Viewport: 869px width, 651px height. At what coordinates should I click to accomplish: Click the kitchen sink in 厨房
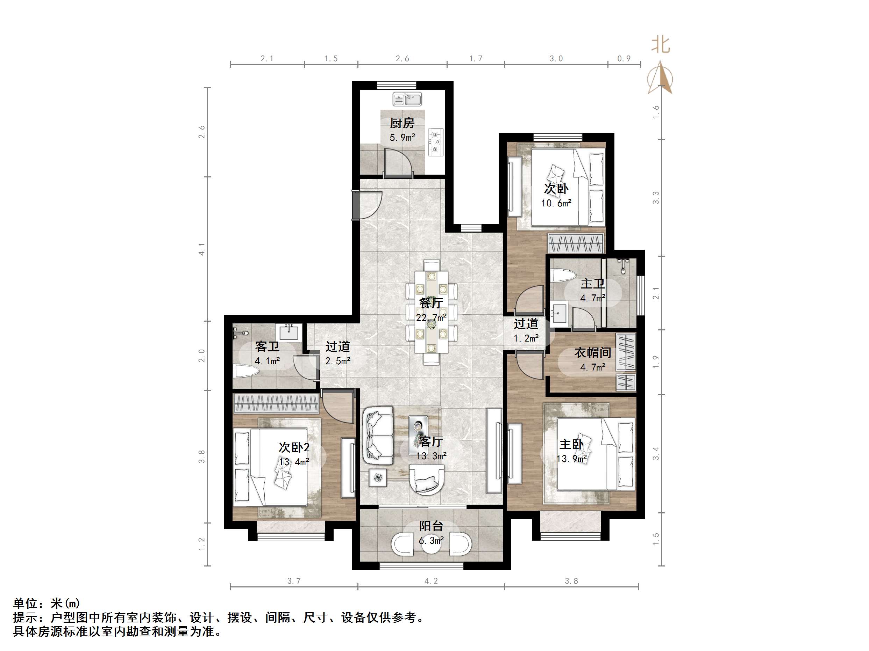(x=407, y=99)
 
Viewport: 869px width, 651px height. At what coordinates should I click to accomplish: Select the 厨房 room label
(x=402, y=123)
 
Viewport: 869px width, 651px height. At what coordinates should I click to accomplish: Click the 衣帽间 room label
(x=592, y=353)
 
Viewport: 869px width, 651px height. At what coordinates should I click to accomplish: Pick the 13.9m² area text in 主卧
(x=572, y=458)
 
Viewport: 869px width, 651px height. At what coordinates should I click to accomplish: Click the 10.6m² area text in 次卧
(x=556, y=203)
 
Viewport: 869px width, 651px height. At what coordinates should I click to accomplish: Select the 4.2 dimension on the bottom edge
(x=431, y=581)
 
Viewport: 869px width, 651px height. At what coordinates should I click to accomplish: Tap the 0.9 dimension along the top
(x=624, y=58)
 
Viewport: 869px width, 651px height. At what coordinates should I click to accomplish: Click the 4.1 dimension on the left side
(x=202, y=249)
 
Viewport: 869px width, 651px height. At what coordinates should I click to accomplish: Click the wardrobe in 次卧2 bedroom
(x=276, y=403)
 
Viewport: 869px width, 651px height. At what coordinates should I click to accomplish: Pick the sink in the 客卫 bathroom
(x=290, y=332)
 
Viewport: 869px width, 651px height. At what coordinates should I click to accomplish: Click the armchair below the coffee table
(x=427, y=480)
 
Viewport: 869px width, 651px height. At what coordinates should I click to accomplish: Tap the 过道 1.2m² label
(x=526, y=330)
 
